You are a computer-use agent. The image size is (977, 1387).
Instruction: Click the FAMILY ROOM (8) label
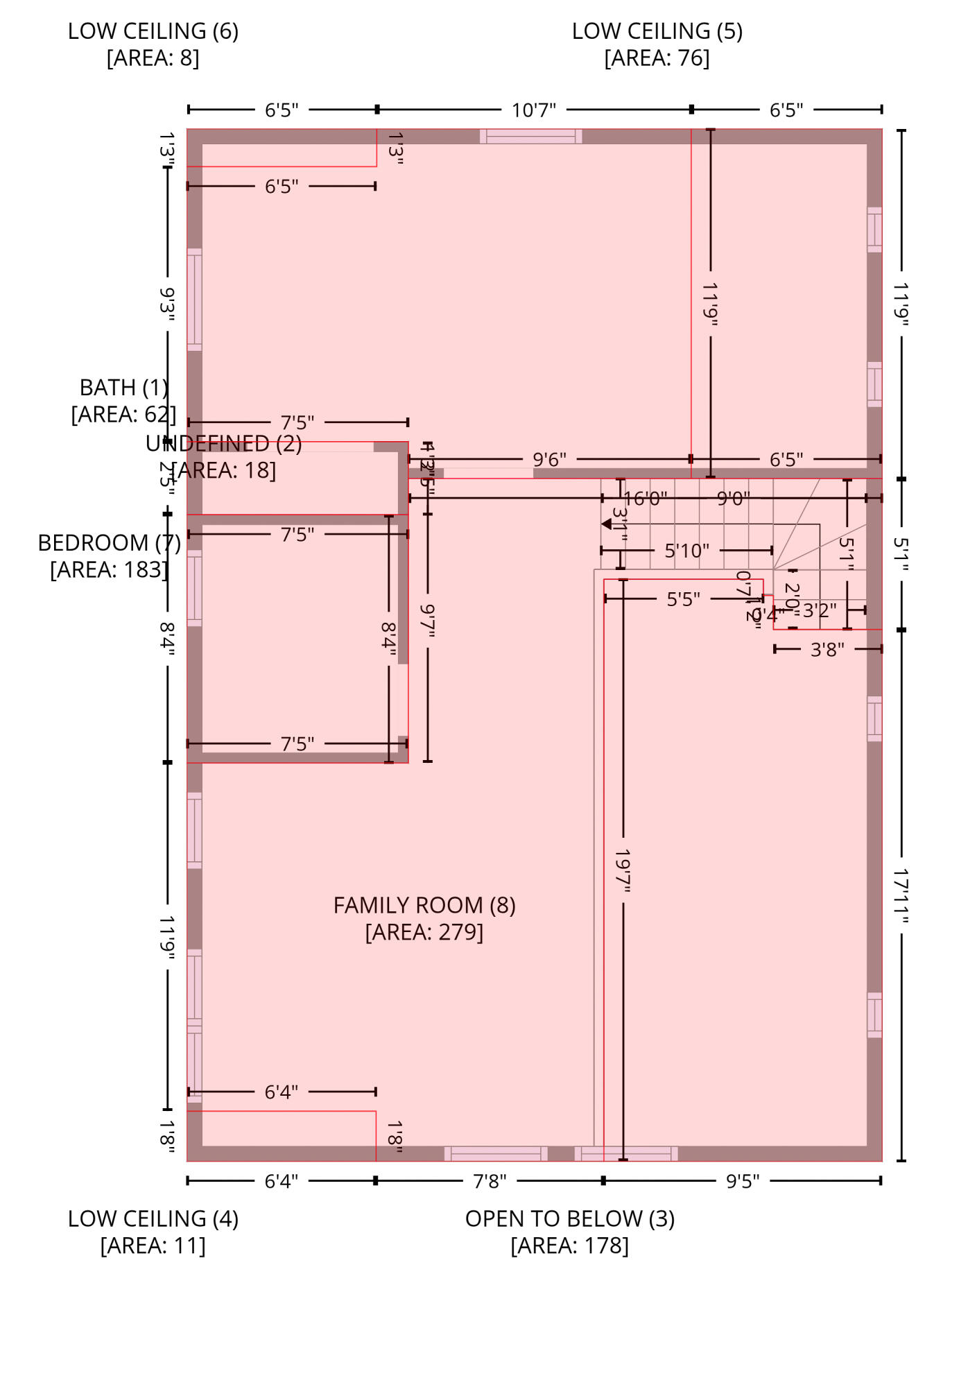pyautogui.click(x=424, y=905)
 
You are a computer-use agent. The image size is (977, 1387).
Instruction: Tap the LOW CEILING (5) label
pyautogui.click(x=657, y=31)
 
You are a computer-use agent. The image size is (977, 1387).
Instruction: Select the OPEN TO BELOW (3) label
pyautogui.click(x=569, y=1218)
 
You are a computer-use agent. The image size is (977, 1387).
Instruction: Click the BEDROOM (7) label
pyautogui.click(x=109, y=542)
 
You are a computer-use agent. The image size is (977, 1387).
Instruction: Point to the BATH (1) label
pyautogui.click(x=123, y=387)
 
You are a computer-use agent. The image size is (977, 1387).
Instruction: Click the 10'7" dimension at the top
pyautogui.click(x=533, y=110)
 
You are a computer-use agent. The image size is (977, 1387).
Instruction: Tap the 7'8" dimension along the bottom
pyautogui.click(x=490, y=1181)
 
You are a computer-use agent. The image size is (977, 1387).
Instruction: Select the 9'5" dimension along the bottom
pyautogui.click(x=742, y=1181)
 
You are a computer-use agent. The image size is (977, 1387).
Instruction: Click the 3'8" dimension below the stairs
pyautogui.click(x=827, y=650)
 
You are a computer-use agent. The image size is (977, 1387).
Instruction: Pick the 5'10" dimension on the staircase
pyautogui.click(x=686, y=551)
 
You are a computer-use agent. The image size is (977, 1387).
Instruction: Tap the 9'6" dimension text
pyautogui.click(x=549, y=459)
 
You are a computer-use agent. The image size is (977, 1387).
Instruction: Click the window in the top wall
pyautogui.click(x=530, y=136)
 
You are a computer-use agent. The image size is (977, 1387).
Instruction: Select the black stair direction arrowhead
pyautogui.click(x=606, y=524)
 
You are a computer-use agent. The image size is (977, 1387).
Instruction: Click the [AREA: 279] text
pyautogui.click(x=424, y=932)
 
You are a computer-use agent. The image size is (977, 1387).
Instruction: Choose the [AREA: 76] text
pyautogui.click(x=657, y=58)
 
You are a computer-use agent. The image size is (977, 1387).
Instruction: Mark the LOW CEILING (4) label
pyautogui.click(x=153, y=1218)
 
